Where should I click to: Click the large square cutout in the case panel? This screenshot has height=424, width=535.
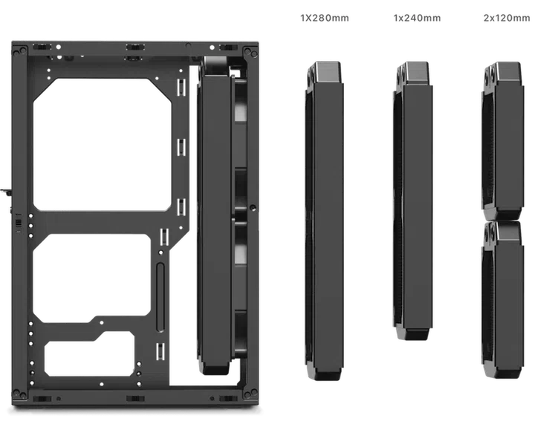coord(103,143)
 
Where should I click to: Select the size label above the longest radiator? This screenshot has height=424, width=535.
coord(324,17)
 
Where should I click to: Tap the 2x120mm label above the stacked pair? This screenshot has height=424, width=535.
coord(507,17)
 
